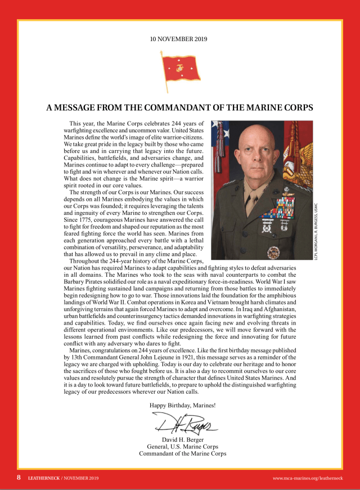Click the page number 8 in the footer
(19, 478)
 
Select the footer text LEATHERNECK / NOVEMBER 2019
(64, 478)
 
